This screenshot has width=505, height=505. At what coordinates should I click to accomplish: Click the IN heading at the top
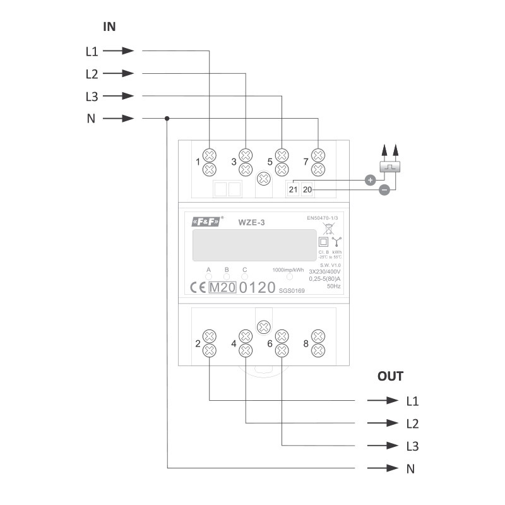pos(109,27)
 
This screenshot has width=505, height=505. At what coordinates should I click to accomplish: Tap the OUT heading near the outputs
pos(390,376)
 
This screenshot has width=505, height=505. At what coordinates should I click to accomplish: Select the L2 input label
pos(92,73)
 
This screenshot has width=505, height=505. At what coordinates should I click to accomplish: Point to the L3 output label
pos(412,446)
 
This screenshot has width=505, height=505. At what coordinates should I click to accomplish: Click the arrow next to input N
pos(119,118)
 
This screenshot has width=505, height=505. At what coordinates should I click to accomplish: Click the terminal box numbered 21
pos(294,189)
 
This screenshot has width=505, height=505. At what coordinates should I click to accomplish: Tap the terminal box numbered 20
pos(307,189)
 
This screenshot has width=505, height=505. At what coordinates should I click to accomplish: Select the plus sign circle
pos(371,180)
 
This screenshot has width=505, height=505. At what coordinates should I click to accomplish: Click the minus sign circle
pos(383,190)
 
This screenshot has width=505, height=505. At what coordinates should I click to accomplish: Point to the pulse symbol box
pos(389,167)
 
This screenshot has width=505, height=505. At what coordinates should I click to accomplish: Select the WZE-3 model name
pos(250,222)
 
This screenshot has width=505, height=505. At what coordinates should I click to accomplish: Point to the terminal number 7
pos(306,162)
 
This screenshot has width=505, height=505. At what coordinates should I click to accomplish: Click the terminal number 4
pos(234,344)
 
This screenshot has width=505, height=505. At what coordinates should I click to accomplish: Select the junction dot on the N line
pos(167,118)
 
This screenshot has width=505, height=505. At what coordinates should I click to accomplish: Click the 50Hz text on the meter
pos(333,286)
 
